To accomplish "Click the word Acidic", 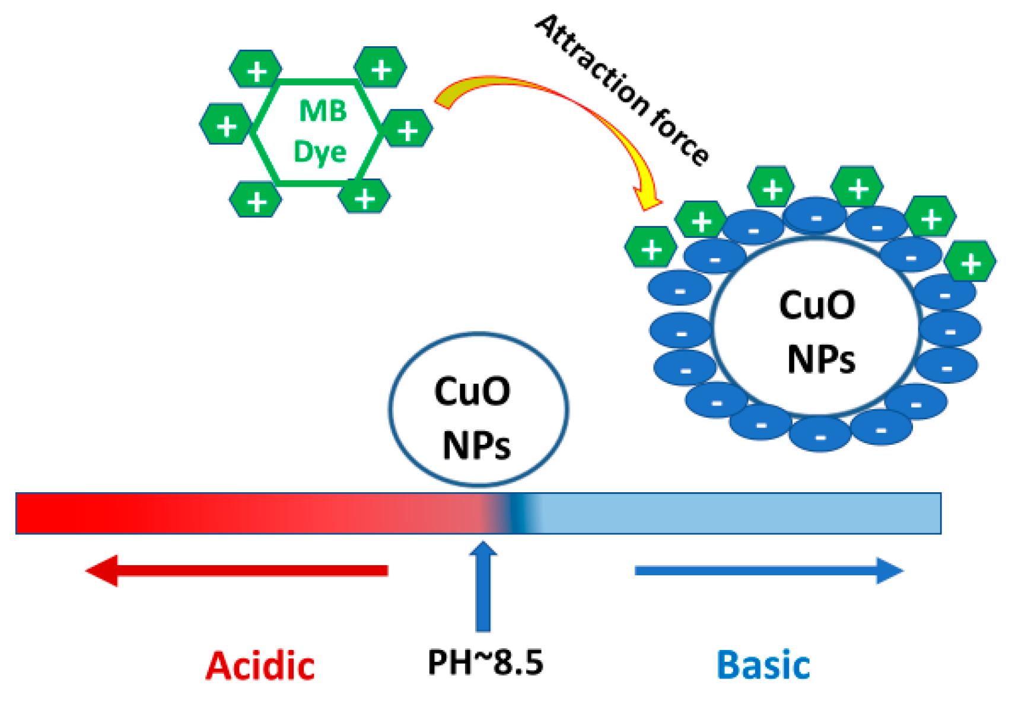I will [x=260, y=665].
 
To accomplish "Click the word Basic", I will [x=763, y=665].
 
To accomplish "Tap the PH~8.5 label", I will [x=485, y=662].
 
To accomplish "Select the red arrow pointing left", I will [x=237, y=571].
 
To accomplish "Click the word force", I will [x=679, y=139].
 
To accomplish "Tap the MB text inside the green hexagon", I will [x=323, y=111].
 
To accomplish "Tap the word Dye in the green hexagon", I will [x=320, y=152].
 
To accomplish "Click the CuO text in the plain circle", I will [x=472, y=391].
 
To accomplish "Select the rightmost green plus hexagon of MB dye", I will [x=407, y=128].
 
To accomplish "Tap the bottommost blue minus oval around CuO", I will [x=820, y=435].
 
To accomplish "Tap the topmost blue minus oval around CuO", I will [x=815, y=216].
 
